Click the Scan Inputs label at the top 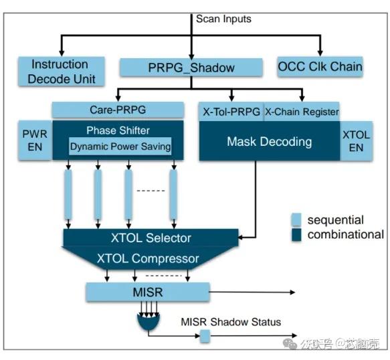click(223, 19)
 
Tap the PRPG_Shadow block click(191, 68)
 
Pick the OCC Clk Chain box click(320, 66)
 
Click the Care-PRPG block click(117, 109)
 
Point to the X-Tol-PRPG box click(231, 112)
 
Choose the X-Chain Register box click(302, 112)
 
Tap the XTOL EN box click(356, 141)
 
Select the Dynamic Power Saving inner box click(119, 147)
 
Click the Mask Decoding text click(269, 141)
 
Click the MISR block click(147, 292)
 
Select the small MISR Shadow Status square click(205, 337)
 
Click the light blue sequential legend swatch click(297, 219)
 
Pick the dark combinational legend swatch click(297, 234)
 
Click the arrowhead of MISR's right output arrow click(292, 292)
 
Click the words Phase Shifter click(118, 130)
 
